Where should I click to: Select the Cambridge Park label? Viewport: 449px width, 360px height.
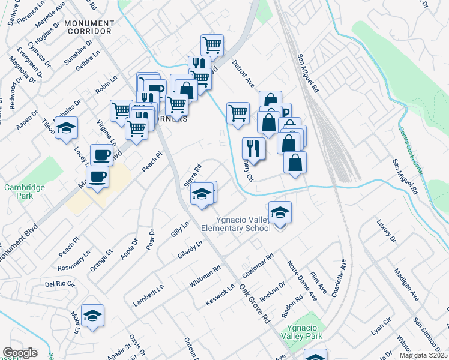tap(25, 191)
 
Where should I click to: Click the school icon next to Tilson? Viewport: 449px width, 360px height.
tap(66, 128)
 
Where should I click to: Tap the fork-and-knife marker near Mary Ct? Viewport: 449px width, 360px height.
tap(253, 148)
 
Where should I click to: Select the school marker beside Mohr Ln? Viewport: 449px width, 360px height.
tap(92, 316)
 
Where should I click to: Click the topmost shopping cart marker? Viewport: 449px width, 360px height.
tap(212, 45)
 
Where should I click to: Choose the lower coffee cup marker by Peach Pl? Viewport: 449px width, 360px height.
tap(97, 177)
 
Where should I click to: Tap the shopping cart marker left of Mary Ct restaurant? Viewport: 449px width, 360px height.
tap(238, 112)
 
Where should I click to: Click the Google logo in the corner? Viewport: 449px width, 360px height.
tap(20, 353)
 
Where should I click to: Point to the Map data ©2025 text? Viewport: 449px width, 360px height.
tap(424, 355)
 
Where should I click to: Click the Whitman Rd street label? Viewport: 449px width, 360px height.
tap(205, 278)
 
